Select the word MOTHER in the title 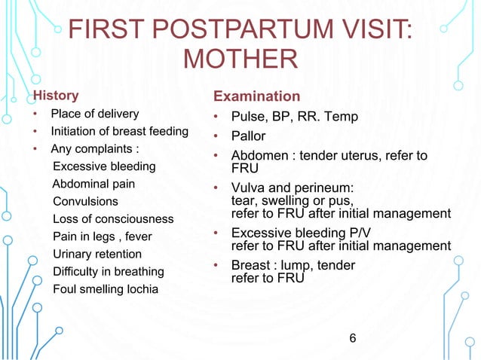tap(240, 59)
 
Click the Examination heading tap(257, 97)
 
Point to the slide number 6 tap(352, 335)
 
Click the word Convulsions tap(85, 201)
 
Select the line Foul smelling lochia tap(105, 288)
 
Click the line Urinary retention tap(97, 254)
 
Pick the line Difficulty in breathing tap(109, 271)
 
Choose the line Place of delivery tap(94, 114)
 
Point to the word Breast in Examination tap(252, 265)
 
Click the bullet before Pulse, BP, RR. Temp tap(216, 117)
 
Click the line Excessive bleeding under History tap(104, 166)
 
